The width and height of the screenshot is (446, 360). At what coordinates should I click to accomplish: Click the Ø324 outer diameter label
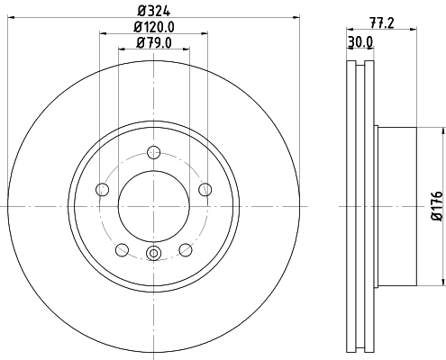click(153, 12)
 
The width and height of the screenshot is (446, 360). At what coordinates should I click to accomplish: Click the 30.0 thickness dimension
click(360, 42)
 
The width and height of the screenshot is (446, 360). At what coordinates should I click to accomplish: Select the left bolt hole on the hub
click(102, 189)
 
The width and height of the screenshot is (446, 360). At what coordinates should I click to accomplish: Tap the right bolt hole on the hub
click(205, 189)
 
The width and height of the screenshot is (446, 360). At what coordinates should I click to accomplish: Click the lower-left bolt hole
click(122, 249)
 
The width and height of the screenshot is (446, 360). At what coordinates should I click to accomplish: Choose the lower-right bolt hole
click(185, 249)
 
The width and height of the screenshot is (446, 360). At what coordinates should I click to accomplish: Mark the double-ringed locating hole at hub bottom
click(153, 254)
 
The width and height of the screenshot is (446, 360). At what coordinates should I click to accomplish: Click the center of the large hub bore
click(153, 206)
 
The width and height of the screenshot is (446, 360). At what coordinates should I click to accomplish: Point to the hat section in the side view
click(396, 206)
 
